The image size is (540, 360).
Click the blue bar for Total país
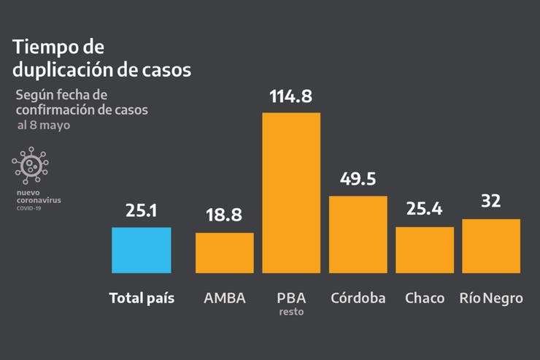(x=142, y=250)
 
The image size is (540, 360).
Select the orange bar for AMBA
(x=225, y=253)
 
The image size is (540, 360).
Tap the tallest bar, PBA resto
(x=291, y=193)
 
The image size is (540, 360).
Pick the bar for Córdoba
(x=358, y=234)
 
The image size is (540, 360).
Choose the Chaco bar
(x=425, y=250)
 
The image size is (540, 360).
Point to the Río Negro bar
(x=491, y=246)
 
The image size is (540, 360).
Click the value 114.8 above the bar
(x=291, y=96)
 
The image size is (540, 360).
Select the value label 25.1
(x=142, y=211)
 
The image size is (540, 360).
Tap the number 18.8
(x=225, y=217)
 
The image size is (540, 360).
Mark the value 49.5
(x=358, y=180)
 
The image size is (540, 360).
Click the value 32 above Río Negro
(x=491, y=202)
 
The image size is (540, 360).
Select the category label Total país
(x=142, y=298)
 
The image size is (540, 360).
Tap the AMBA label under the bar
(x=225, y=298)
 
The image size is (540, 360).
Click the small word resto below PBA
(x=291, y=313)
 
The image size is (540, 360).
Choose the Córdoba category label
(x=358, y=298)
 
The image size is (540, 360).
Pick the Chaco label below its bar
(x=425, y=298)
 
